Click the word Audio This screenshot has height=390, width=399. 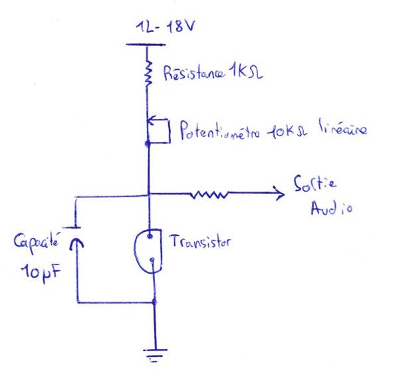pyautogui.click(x=331, y=208)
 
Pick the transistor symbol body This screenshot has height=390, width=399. pyautogui.click(x=148, y=251)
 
